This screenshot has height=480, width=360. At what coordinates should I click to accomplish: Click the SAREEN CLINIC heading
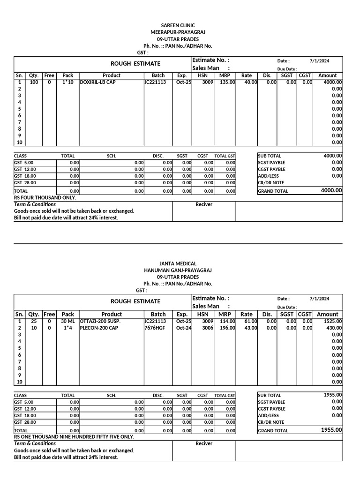(x=178, y=25)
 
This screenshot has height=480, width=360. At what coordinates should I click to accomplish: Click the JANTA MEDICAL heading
(x=178, y=263)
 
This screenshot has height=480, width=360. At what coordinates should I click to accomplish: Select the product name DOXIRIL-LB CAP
(x=97, y=82)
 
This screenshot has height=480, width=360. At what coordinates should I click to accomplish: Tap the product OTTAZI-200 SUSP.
(x=100, y=321)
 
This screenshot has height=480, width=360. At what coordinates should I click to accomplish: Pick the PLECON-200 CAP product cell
(x=99, y=328)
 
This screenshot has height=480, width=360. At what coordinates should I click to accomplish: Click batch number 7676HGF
(x=155, y=328)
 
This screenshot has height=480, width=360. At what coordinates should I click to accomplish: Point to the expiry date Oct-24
(x=184, y=328)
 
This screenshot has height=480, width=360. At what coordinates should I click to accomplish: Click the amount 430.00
(x=334, y=328)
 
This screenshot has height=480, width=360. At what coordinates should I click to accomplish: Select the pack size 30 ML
(x=67, y=321)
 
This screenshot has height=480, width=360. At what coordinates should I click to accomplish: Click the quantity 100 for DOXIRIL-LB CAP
(x=34, y=82)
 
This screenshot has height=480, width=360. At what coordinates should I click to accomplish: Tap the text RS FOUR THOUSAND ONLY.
(x=45, y=198)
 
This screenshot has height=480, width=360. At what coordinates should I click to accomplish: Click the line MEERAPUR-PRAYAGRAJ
(x=178, y=32)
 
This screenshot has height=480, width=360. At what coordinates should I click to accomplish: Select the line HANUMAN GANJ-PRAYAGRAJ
(x=178, y=270)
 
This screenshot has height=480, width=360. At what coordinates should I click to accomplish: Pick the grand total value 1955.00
(x=331, y=430)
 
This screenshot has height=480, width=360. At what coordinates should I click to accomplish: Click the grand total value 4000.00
(x=331, y=190)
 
